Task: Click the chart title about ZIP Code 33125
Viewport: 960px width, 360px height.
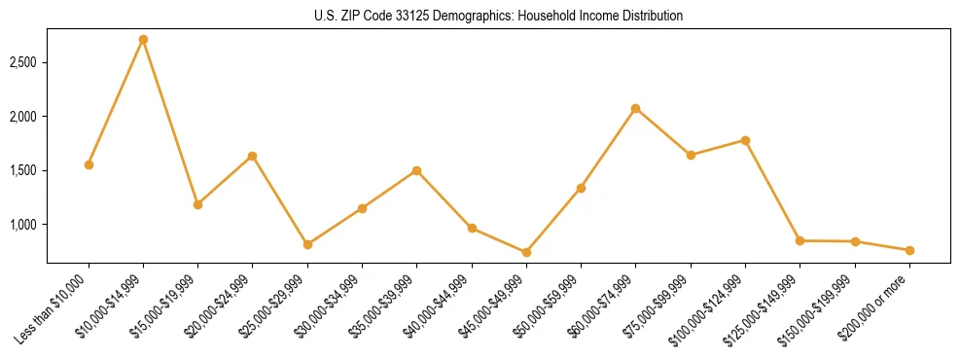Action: coord(498,17)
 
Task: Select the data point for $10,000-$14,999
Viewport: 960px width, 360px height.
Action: coord(143,39)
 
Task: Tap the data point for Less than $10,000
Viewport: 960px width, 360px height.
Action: coord(89,164)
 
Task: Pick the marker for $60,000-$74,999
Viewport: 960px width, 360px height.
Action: coord(635,108)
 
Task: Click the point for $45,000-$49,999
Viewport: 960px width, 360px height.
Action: coord(526,252)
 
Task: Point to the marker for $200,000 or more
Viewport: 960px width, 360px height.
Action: coord(909,250)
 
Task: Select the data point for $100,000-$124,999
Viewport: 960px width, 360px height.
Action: coord(745,140)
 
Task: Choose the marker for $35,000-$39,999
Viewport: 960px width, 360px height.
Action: coord(416,170)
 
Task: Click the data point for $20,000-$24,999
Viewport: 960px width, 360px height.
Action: coord(253,156)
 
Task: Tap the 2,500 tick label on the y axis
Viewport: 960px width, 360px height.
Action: coord(23,62)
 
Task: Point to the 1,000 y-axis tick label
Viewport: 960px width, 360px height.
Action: coord(23,225)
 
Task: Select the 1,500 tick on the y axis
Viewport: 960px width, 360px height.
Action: coord(23,170)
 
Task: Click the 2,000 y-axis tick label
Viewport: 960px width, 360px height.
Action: coord(23,117)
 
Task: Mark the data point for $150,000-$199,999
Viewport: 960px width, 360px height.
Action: coord(855,241)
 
